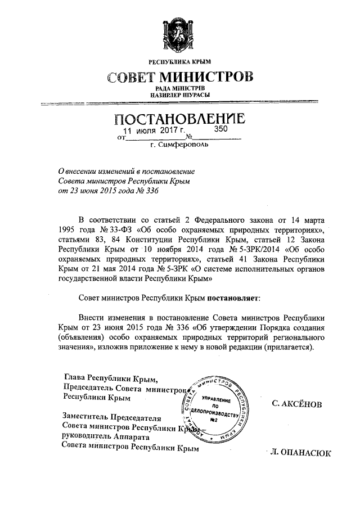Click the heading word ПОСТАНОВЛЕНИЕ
point(179,119)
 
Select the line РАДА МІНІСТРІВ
point(179,89)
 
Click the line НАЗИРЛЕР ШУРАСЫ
point(179,96)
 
